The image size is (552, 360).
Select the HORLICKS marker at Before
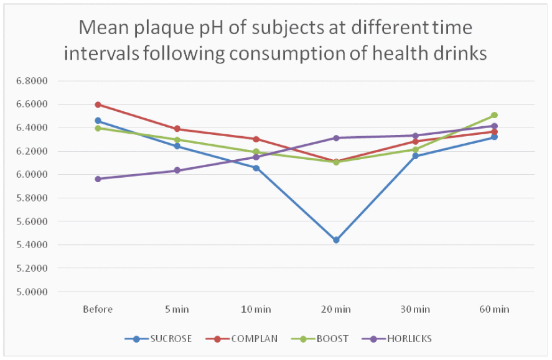(x=98, y=179)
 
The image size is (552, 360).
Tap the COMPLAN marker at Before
(x=98, y=104)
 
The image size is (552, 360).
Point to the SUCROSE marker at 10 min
(x=256, y=168)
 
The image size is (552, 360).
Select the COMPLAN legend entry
(x=245, y=339)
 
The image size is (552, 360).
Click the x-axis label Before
(x=98, y=309)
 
